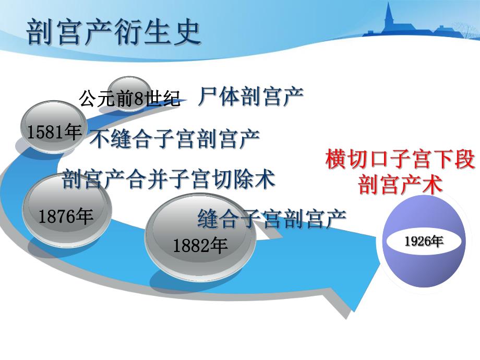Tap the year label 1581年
pos(54,133)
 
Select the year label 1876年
pos(66,216)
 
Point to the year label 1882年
pos(200,245)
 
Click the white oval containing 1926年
pos(423,242)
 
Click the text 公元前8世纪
pos(130,98)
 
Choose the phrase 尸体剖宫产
pos(251,97)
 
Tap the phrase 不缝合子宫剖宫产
pos(175,139)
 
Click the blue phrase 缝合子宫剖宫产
pos(272,219)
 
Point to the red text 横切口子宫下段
pos(400,160)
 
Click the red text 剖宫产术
pos(400,185)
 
